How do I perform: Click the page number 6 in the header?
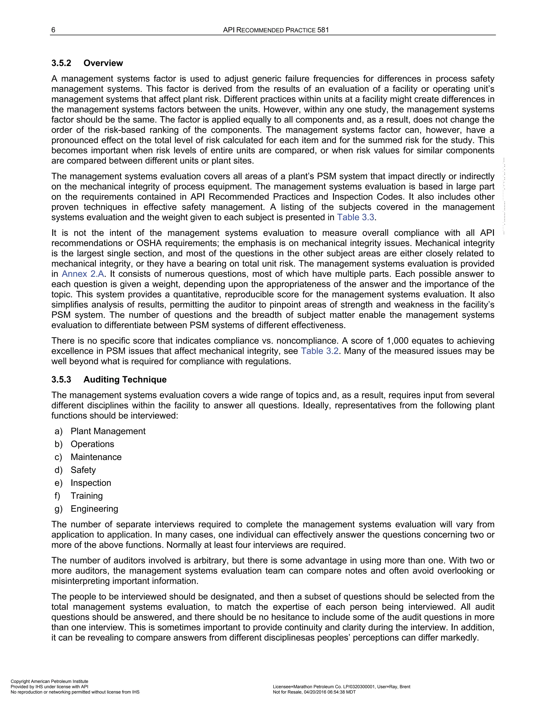[x=53, y=30]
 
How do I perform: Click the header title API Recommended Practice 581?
[x=276, y=30]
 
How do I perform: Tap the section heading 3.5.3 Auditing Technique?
[x=109, y=379]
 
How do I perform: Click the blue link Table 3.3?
[x=355, y=217]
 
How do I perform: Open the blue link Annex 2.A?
[x=83, y=274]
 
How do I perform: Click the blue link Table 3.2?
[x=320, y=351]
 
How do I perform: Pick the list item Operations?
[x=92, y=444]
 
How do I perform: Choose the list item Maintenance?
[x=96, y=457]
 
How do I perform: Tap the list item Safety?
[x=83, y=470]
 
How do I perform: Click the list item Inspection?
[x=91, y=483]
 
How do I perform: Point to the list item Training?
[x=87, y=496]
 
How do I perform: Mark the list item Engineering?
[x=94, y=509]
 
